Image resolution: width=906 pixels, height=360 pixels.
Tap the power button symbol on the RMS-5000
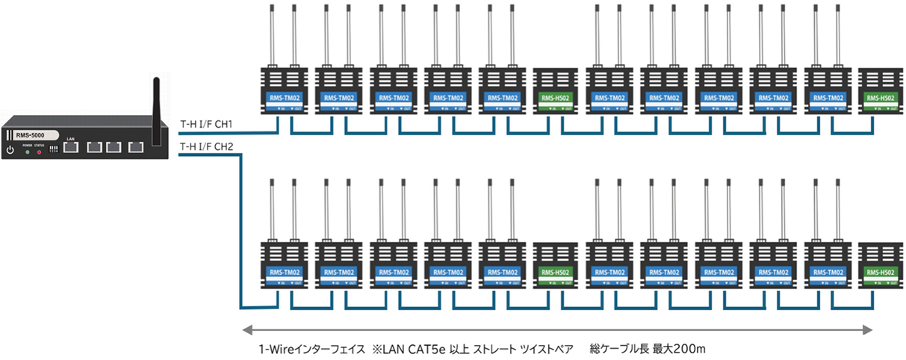pyautogui.click(x=10, y=150)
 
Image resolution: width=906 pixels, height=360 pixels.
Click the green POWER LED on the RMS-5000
pyautogui.click(x=28, y=152)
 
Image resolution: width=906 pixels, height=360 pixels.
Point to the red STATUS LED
pyautogui.click(x=40, y=152)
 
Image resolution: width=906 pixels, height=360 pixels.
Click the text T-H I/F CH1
pyautogui.click(x=207, y=124)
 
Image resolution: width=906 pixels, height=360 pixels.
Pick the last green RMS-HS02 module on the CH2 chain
pyautogui.click(x=878, y=272)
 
